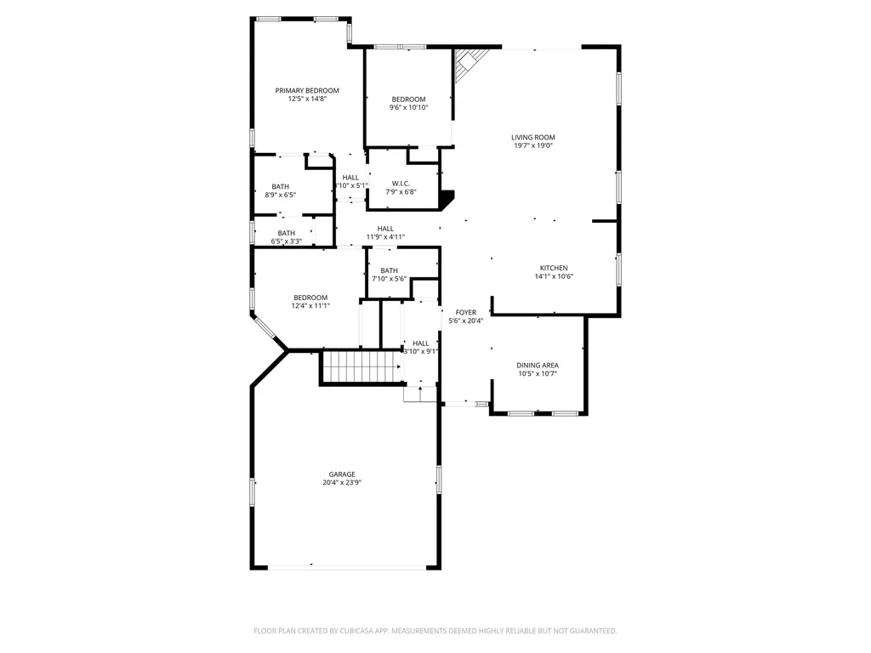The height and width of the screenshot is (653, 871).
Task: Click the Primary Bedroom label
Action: pyautogui.click(x=306, y=90)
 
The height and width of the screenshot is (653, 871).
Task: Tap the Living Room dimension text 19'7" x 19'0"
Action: pyautogui.click(x=533, y=146)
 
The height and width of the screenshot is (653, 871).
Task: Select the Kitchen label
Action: pyautogui.click(x=554, y=268)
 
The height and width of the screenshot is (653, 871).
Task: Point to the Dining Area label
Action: pyautogui.click(x=538, y=366)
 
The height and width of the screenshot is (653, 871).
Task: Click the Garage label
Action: pyautogui.click(x=342, y=474)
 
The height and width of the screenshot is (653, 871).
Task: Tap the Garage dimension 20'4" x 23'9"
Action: pyautogui.click(x=342, y=483)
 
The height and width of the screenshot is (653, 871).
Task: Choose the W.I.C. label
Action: pyautogui.click(x=401, y=184)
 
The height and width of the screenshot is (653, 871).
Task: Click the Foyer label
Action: pyautogui.click(x=465, y=313)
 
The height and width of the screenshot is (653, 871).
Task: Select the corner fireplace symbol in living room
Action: pyautogui.click(x=470, y=62)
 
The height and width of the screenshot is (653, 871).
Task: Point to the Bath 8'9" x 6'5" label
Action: pyautogui.click(x=281, y=186)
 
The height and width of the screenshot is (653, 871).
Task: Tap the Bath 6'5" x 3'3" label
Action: pyautogui.click(x=286, y=233)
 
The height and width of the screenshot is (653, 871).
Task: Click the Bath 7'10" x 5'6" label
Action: pyautogui.click(x=389, y=271)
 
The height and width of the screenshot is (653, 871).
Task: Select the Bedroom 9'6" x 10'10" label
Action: pyautogui.click(x=408, y=99)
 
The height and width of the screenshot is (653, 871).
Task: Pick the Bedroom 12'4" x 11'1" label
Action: pyautogui.click(x=310, y=298)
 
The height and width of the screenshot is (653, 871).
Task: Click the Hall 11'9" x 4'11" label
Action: pyautogui.click(x=385, y=229)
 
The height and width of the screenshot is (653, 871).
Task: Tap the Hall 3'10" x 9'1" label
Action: pyautogui.click(x=420, y=344)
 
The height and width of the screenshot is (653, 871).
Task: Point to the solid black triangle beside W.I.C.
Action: pyautogui.click(x=447, y=197)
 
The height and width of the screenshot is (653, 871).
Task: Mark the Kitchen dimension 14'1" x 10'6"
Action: pyautogui.click(x=554, y=276)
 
